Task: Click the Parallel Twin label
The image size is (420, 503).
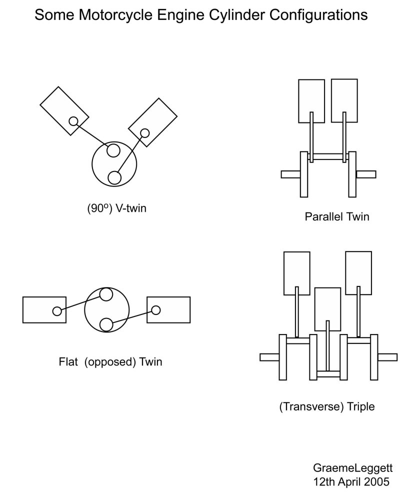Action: click(337, 216)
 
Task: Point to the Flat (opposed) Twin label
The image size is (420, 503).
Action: click(110, 362)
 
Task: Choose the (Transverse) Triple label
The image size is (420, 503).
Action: click(327, 407)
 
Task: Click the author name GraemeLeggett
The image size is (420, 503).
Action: click(353, 468)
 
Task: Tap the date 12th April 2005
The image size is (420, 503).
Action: click(351, 482)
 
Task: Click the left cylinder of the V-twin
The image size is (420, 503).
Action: click(64, 110)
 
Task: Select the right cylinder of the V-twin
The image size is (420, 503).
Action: click(152, 122)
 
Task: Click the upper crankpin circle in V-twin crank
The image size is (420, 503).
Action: click(113, 150)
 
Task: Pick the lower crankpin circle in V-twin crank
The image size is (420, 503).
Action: click(114, 177)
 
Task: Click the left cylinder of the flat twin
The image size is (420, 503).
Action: click(44, 309)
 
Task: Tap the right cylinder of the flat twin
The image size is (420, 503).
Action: click(168, 309)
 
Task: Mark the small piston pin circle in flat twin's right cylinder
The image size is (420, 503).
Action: click(156, 310)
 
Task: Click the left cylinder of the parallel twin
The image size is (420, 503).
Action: click(311, 101)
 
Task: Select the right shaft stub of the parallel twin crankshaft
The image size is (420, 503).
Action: click(366, 174)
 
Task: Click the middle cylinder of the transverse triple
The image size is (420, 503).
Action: click(327, 309)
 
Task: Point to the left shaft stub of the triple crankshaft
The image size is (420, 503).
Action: click(269, 357)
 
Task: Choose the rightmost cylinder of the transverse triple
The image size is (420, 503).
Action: click(358, 273)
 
